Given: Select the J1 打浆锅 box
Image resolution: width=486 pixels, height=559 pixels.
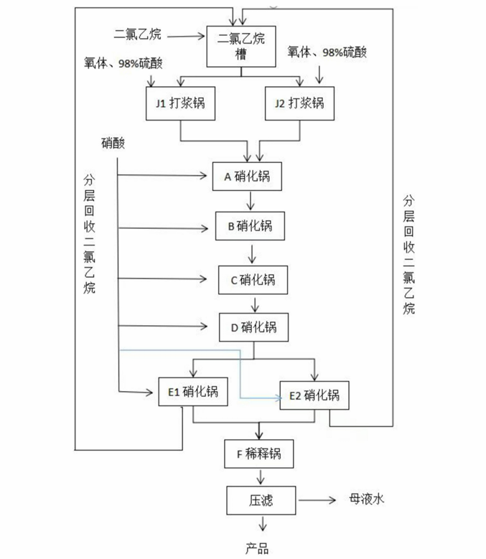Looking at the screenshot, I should click(x=179, y=103).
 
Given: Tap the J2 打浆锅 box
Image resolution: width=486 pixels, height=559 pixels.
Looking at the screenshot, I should click(x=299, y=103).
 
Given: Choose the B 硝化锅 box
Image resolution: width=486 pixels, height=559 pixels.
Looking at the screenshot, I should click(x=250, y=227).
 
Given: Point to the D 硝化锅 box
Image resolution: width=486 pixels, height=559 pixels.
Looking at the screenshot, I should click(x=253, y=328).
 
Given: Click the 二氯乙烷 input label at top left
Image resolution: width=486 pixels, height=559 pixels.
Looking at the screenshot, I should click(x=137, y=33).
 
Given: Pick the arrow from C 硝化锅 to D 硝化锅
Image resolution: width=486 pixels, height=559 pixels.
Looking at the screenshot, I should click(x=252, y=304).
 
